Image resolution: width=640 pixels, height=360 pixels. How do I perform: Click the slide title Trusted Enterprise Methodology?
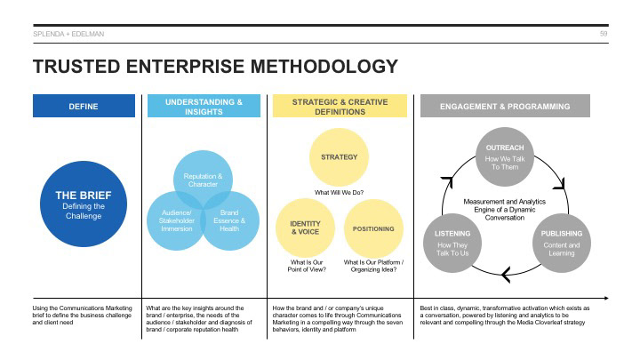pos(214,67)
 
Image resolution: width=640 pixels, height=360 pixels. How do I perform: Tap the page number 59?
pos(604,33)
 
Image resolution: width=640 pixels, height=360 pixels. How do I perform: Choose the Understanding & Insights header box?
pos(204,107)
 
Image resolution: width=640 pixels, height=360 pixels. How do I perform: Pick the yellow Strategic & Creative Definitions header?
pos(340,107)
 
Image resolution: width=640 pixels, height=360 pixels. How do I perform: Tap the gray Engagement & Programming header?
pos(506,107)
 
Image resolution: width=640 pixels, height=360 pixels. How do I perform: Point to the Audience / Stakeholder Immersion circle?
pos(174,220)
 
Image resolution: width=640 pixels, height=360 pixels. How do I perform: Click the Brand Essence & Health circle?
pos(231,220)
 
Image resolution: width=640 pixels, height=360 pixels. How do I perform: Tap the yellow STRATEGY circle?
pos(340,158)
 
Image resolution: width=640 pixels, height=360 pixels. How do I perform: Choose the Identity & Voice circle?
pos(305,228)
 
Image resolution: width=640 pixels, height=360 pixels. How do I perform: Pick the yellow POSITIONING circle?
pos(373,228)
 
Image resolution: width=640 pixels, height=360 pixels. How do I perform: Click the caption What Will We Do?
pos(340,193)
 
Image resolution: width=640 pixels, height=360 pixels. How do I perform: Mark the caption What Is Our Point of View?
pos(305,266)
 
